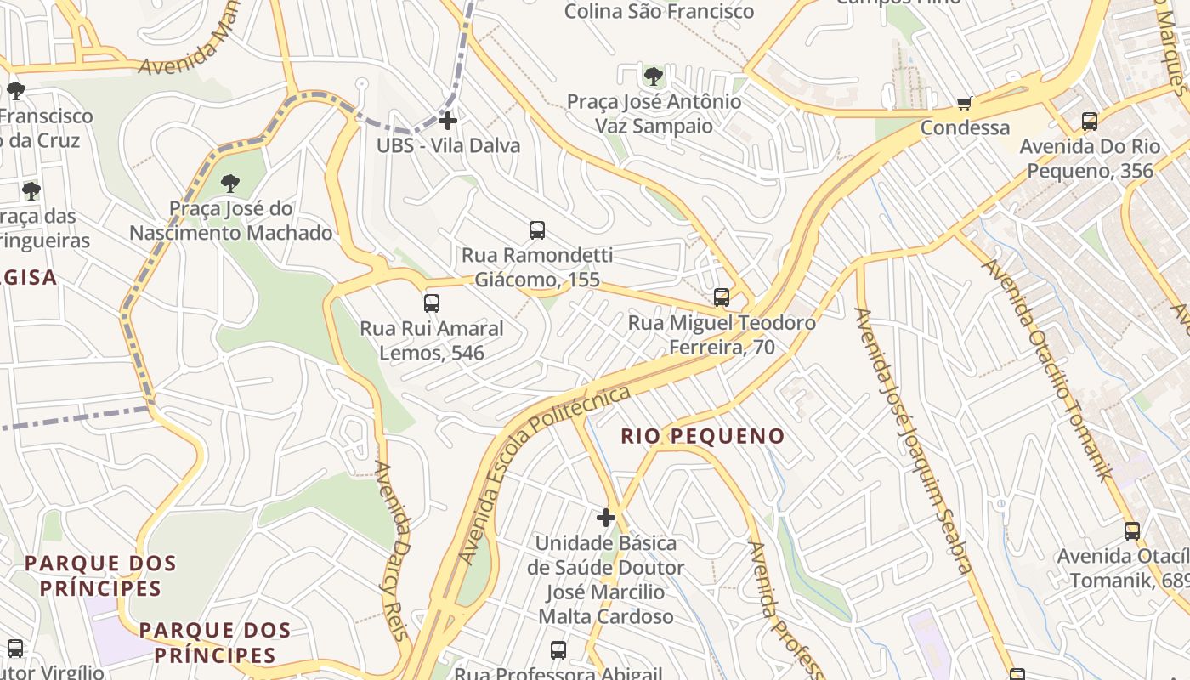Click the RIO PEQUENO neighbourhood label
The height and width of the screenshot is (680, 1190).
(x=703, y=437)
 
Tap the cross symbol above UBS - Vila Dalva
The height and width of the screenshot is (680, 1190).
(x=448, y=121)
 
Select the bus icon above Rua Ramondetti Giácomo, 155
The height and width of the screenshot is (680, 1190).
(x=537, y=229)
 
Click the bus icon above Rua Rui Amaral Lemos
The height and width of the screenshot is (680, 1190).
(x=432, y=303)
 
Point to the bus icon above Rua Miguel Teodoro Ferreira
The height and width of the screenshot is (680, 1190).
(x=722, y=297)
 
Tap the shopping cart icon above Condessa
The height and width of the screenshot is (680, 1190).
(x=965, y=103)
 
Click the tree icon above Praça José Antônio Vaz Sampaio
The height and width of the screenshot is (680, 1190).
(x=654, y=76)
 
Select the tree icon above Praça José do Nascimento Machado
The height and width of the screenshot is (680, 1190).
(x=230, y=183)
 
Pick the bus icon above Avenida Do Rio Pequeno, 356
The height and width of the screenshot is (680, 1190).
(x=1090, y=122)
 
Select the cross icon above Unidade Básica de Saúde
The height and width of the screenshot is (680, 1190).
(x=606, y=517)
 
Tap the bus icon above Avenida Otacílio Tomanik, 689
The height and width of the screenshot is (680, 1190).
(x=1132, y=531)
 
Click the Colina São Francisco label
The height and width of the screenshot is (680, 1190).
(x=659, y=12)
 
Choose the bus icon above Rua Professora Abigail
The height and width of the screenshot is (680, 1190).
(x=558, y=650)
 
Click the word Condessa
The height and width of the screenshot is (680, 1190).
(x=966, y=128)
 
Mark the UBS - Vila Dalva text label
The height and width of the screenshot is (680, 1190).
(x=448, y=145)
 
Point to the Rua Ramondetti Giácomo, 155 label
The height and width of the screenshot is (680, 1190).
(x=537, y=267)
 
